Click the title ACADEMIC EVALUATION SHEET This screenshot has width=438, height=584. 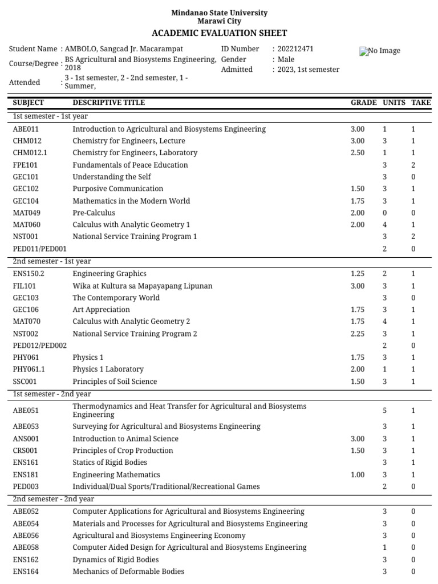point(219,33)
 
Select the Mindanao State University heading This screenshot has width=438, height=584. point(219,13)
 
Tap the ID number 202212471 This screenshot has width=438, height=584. point(295,49)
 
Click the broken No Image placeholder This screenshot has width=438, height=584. point(380,51)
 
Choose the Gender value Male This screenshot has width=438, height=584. point(286,59)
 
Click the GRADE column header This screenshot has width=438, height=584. point(363,103)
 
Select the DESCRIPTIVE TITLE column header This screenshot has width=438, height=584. point(108,103)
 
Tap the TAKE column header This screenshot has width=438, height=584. point(421,103)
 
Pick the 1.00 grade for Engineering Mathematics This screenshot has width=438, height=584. point(358,474)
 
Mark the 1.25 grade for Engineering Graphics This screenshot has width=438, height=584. point(358,274)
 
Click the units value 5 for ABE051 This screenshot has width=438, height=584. point(384,411)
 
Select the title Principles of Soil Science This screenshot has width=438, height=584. point(115,382)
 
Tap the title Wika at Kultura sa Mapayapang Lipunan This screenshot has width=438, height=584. point(142,286)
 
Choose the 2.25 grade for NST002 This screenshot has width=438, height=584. point(358,334)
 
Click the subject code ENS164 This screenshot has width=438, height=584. point(26,571)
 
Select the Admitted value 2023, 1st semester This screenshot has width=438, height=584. point(308,70)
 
